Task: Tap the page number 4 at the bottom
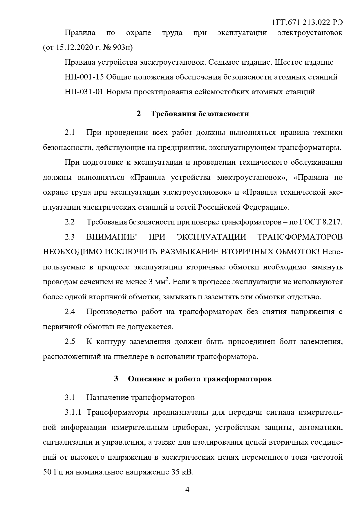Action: pos(187,490)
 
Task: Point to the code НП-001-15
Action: pos(84,77)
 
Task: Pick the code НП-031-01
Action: pos(84,92)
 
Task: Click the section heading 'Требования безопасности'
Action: pos(200,114)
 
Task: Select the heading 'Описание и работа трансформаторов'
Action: pos(200,379)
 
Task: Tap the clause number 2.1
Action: pos(70,133)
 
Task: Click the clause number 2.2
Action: pos(70,222)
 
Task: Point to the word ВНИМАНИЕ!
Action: pos(111,237)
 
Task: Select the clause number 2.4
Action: pos(70,312)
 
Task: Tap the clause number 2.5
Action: pos(70,341)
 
